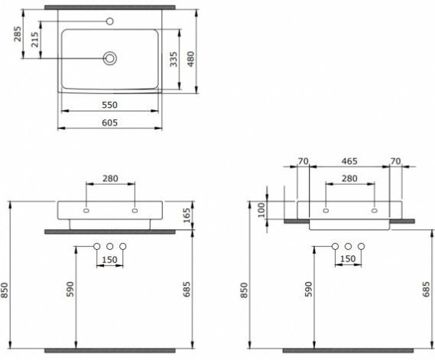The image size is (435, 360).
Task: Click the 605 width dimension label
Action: [110, 122]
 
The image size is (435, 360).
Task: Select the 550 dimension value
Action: [110, 105]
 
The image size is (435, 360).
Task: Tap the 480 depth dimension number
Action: [191, 59]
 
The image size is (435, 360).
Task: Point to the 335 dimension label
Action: [174, 59]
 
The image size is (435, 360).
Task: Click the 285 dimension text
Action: [18, 34]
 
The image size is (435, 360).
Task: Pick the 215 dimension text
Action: [35, 40]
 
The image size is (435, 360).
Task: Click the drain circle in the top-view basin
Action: [110, 58]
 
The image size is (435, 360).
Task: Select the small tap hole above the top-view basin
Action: [110, 21]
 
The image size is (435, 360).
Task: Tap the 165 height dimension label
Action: [187, 216]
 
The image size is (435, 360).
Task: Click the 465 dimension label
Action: [349, 161]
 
